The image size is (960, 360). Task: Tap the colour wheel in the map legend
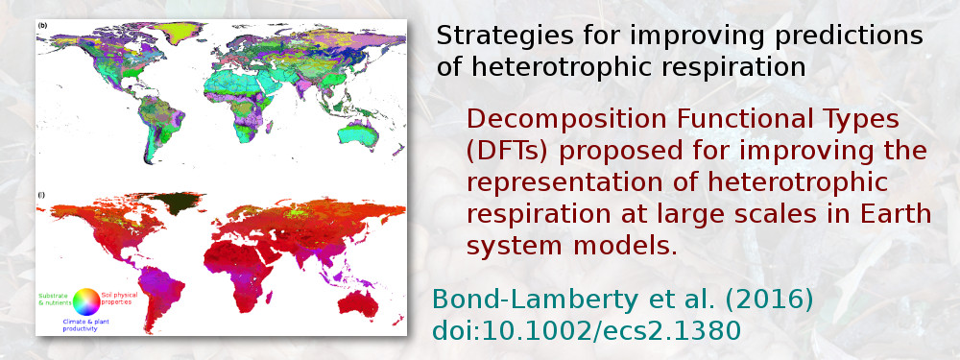point(85,300)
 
